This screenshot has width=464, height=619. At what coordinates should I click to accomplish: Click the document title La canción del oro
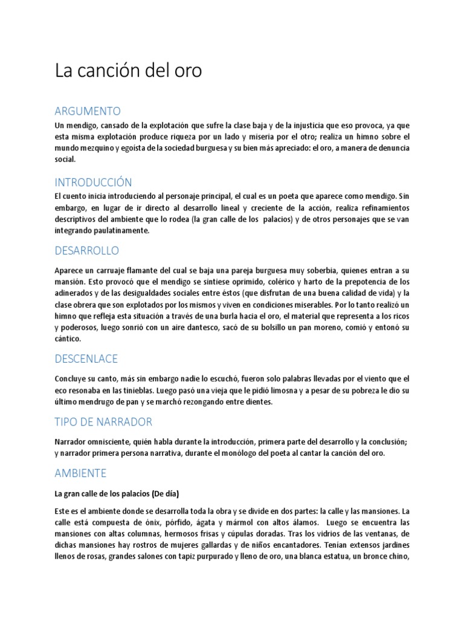pyautogui.click(x=129, y=71)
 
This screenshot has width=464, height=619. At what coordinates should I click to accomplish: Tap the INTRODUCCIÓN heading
pyautogui.click(x=93, y=182)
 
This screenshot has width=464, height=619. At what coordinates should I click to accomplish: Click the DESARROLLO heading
pyautogui.click(x=86, y=250)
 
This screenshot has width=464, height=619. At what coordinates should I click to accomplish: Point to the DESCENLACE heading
pyautogui.click(x=86, y=359)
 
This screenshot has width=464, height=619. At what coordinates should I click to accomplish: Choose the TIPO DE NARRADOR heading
pyautogui.click(x=103, y=421)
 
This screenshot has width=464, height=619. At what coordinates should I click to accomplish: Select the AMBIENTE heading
pyautogui.click(x=80, y=473)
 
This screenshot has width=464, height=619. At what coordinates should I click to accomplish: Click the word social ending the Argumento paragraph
pyautogui.click(x=65, y=160)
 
